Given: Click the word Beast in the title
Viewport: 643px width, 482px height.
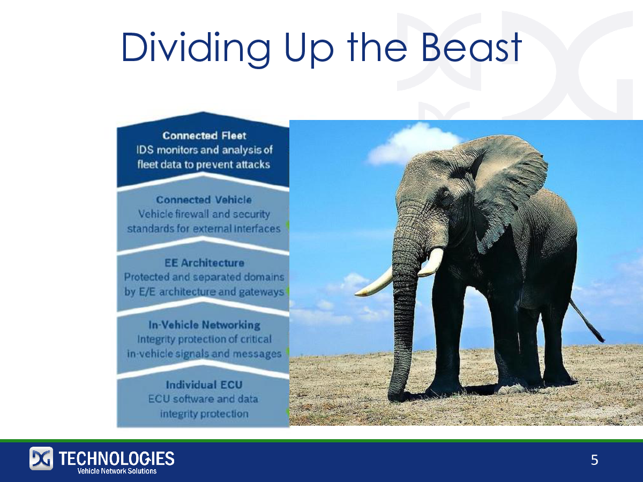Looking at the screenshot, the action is [x=471, y=48].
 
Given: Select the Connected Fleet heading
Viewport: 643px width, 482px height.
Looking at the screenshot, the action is [x=204, y=136].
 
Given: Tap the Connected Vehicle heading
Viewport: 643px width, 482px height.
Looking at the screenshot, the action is [x=204, y=200].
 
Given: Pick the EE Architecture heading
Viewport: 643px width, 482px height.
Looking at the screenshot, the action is [x=204, y=263].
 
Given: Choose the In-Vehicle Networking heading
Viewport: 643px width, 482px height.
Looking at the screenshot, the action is [x=204, y=325].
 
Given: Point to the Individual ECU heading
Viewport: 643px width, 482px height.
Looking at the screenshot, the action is [x=204, y=385].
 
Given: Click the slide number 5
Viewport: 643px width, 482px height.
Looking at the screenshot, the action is [x=594, y=461].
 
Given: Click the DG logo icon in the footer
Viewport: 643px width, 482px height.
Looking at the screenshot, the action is [x=41, y=458].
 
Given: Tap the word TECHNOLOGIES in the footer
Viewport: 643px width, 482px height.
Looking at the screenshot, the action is [x=117, y=458].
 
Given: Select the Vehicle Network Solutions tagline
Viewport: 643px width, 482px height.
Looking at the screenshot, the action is [x=117, y=471].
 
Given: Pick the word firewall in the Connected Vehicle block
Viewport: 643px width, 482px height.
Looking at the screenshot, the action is [x=192, y=214].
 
